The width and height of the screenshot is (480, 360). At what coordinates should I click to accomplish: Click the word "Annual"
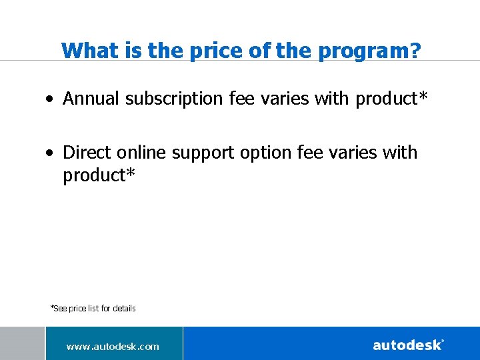tap(91, 99)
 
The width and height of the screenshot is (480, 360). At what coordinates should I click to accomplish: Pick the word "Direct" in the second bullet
tap(87, 153)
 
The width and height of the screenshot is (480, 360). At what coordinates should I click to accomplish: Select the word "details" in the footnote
tap(124, 308)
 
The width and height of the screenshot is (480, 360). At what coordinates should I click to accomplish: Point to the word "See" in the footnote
tap(60, 308)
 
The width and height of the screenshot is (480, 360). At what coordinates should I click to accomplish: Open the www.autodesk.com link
tap(113, 346)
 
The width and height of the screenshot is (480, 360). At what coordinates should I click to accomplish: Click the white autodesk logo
tap(408, 345)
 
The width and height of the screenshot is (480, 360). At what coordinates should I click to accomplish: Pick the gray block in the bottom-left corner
tap(22, 343)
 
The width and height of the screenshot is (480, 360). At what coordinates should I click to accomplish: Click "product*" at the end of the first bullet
tap(391, 99)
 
